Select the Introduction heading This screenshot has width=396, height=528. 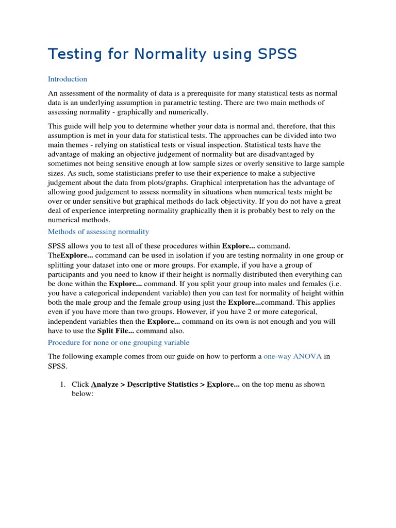click(x=68, y=79)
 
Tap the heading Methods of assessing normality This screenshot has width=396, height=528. click(x=98, y=232)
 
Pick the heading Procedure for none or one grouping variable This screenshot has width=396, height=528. click(x=119, y=342)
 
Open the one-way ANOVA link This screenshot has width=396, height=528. click(x=293, y=356)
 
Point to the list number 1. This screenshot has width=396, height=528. click(x=61, y=385)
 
